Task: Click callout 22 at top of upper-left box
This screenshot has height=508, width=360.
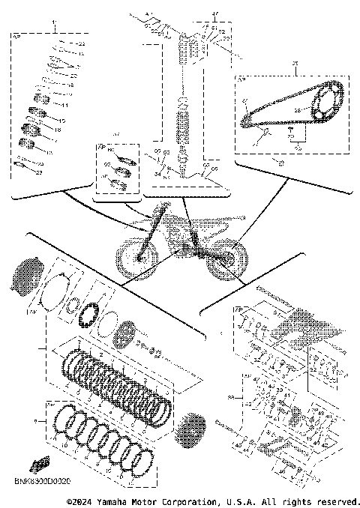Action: pos(81,46)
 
